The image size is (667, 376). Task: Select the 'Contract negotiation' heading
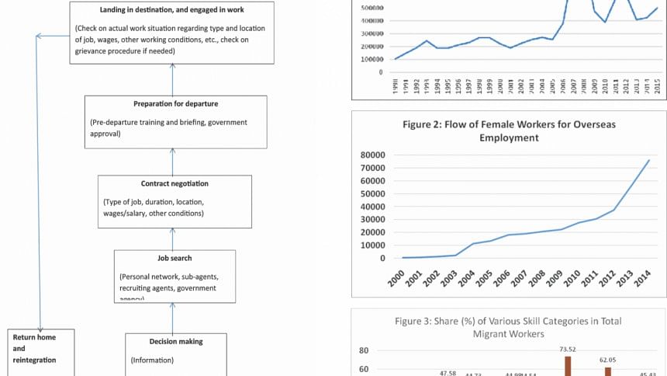tap(175, 184)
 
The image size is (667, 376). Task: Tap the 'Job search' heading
tap(175, 258)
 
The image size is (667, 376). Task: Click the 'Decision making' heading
tap(176, 341)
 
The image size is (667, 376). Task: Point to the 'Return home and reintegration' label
tap(35, 348)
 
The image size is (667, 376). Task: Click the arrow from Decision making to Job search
tap(173, 318)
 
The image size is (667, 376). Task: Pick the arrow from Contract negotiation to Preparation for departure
tap(174, 162)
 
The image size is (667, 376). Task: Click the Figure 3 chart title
tap(508, 326)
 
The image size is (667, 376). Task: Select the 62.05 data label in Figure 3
tap(607, 360)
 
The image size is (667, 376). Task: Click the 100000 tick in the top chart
tap(370, 59)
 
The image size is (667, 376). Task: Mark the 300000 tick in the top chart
tap(370, 33)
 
